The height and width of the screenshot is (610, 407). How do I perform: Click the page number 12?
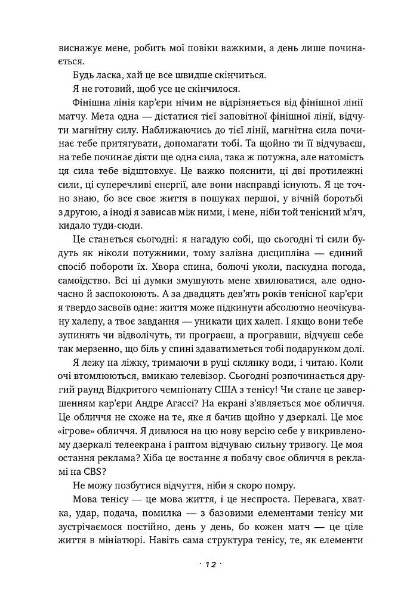coord(203,564)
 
